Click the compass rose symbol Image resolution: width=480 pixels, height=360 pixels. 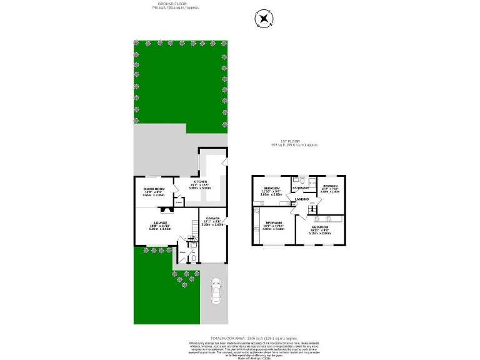(264, 19)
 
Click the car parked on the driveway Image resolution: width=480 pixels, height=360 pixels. (216, 291)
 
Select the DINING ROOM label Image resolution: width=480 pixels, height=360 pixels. (154, 189)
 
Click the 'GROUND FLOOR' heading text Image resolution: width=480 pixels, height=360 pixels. (147, 4)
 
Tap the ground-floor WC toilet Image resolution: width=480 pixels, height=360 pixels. (194, 258)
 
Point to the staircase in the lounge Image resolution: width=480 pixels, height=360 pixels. (187, 240)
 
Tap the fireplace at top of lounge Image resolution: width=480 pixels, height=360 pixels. (154, 206)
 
